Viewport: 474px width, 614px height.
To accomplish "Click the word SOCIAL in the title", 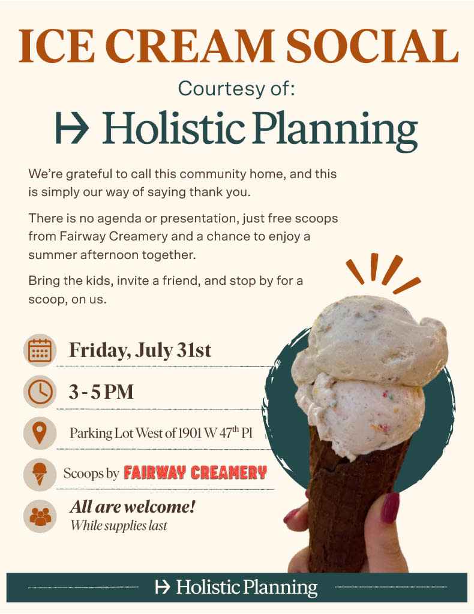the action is pos(372,46).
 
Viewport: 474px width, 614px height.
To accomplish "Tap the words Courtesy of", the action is pos(236,89).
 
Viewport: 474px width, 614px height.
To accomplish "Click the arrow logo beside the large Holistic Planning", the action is pos(72,128).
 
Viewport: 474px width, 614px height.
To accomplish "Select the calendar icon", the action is pos(40,350).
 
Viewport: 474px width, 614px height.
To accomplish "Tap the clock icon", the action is pos(40,392).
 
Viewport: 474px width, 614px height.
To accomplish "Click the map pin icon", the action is pos(40,433).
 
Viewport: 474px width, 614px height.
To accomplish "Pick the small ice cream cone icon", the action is pos(40,474).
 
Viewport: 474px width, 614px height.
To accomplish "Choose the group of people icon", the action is pos(40,516).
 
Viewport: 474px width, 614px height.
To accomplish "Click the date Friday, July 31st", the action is pos(140,350).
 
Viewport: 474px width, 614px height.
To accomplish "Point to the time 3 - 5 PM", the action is pos(101,392).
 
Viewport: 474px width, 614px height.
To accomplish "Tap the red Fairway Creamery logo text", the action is pos(195,472).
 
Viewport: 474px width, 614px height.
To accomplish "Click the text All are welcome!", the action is pos(133,507).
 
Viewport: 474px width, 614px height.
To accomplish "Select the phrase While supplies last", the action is pos(119,525).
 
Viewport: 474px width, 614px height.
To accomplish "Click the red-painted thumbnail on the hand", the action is pos(391,507).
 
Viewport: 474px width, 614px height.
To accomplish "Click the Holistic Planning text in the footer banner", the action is pos(247,587).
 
